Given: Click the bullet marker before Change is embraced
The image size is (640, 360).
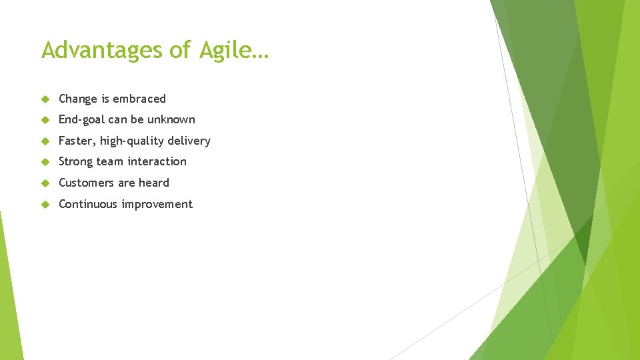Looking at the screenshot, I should tap(45, 99).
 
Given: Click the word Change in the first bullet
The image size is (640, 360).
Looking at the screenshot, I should tap(78, 99).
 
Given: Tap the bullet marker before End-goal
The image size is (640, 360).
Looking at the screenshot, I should tap(45, 120).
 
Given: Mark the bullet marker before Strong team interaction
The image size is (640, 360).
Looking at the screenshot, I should tap(45, 162).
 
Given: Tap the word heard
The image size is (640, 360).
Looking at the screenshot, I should tap(154, 183).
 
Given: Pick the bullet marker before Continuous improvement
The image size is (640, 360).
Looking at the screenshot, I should tap(45, 204).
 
